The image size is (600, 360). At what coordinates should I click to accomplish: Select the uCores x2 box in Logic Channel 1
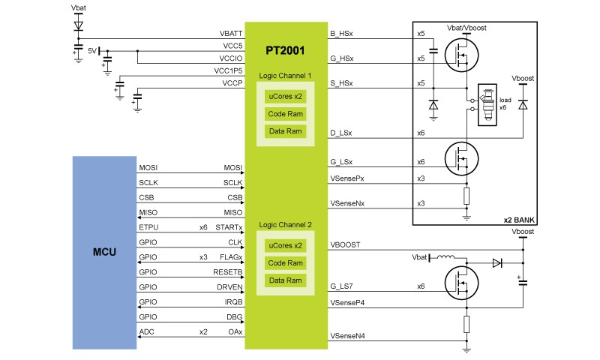click(285, 97)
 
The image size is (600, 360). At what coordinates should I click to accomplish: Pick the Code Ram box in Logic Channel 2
click(285, 262)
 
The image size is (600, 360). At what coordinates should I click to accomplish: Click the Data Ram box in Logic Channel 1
click(285, 131)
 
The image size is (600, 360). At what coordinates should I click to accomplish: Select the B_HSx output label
click(342, 34)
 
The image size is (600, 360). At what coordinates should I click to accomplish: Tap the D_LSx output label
click(342, 133)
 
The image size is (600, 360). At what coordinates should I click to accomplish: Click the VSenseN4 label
click(347, 334)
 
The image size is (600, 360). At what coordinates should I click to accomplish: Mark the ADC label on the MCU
click(147, 331)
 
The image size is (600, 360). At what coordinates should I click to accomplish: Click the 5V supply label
click(92, 51)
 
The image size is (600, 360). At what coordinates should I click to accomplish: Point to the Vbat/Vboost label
click(466, 28)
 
